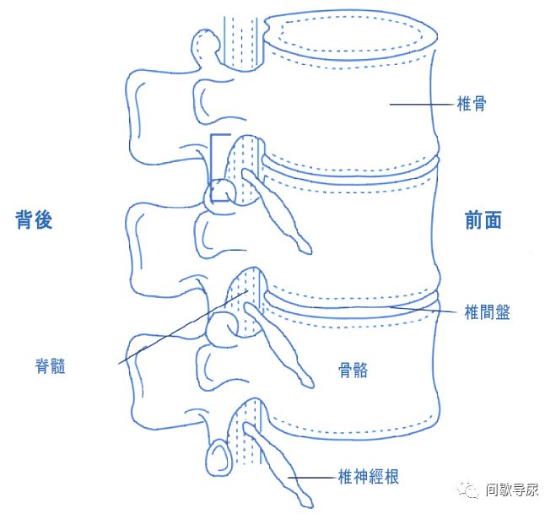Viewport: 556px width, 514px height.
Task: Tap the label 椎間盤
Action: (486, 312)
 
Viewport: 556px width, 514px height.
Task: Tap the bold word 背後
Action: (35, 220)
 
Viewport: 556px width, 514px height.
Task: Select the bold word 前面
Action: (483, 220)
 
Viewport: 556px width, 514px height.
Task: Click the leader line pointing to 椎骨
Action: (418, 105)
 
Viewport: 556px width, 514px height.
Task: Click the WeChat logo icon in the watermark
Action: (469, 489)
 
